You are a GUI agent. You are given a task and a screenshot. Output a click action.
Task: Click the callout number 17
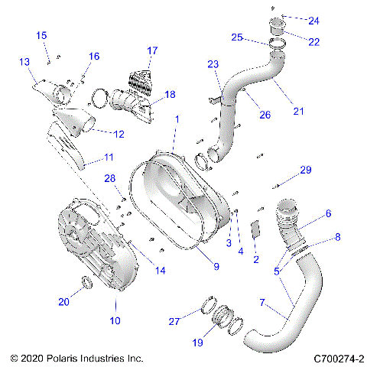pyautogui.click(x=152, y=51)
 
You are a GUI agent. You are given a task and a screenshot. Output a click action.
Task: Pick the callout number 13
pyautogui.click(x=24, y=61)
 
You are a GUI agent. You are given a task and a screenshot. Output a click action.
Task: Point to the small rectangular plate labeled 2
pyautogui.click(x=256, y=230)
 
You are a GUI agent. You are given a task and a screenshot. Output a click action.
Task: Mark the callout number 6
pyautogui.click(x=328, y=215)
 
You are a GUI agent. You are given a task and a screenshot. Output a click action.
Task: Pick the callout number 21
pyautogui.click(x=298, y=112)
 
